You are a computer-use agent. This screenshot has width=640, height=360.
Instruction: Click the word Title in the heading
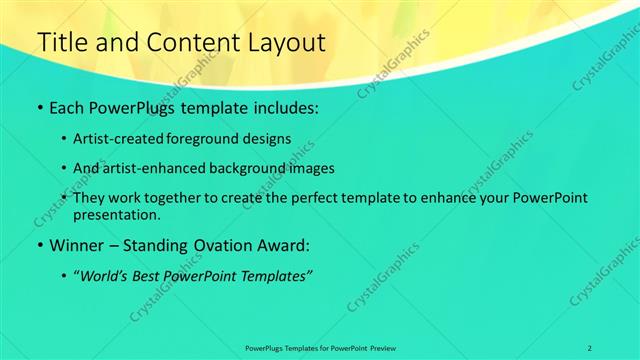62,43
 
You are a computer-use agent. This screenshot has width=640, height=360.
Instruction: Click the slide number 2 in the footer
589,347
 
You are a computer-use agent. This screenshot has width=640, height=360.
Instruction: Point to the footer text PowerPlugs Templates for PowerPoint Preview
320,347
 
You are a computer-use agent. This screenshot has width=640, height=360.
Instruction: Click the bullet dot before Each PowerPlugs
38,107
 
